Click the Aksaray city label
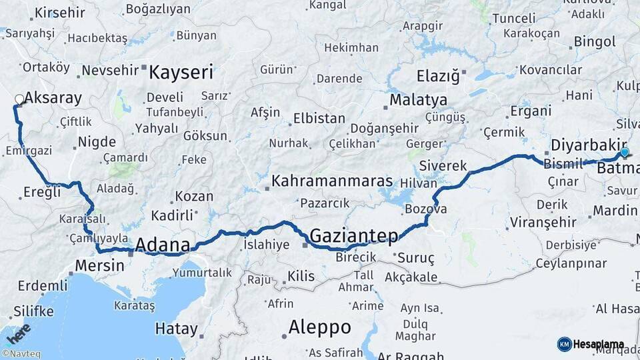53,99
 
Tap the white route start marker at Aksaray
19,100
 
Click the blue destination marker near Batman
625,153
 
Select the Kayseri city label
181,72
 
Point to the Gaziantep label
354,235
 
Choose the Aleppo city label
319,327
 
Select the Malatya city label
418,100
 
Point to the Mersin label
99,265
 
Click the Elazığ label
438,75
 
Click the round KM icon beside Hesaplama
564,344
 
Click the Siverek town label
443,165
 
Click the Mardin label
615,211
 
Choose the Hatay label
176,329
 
